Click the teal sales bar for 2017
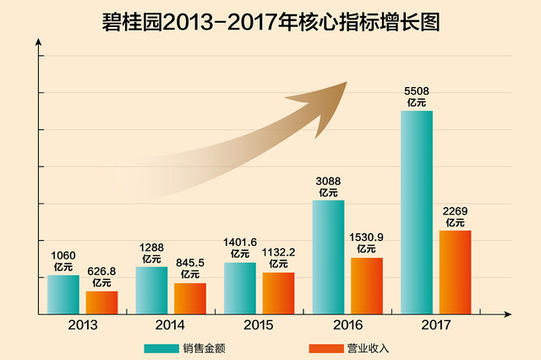tap(417, 212)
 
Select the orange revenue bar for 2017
tap(455, 272)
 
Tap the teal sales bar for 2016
tap(329, 257)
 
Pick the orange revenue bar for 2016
tap(367, 286)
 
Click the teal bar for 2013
tap(63, 294)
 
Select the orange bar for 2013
tap(101, 303)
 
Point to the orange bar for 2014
tap(190, 298)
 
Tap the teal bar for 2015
tap(240, 288)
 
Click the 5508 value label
tap(417, 91)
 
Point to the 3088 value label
tap(328, 182)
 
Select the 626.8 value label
tap(101, 271)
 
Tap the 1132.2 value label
tap(278, 253)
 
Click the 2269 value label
tap(455, 211)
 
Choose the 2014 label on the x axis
tap(170, 325)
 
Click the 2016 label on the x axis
tap(347, 325)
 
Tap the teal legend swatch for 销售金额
tap(161, 349)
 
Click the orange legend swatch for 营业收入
tap(326, 349)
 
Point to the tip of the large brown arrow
tap(347, 82)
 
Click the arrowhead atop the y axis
tap(39, 41)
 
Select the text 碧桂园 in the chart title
tap(132, 23)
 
